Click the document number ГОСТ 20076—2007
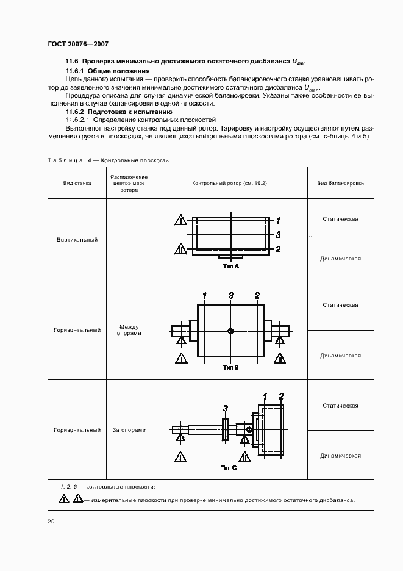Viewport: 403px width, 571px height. click(x=77, y=45)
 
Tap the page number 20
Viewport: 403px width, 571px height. click(x=51, y=522)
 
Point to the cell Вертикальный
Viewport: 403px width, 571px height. click(x=77, y=240)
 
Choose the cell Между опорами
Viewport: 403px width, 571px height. click(x=129, y=330)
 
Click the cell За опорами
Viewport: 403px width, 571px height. click(x=129, y=430)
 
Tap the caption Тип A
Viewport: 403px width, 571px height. click(x=231, y=267)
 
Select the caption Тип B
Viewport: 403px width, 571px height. click(x=231, y=368)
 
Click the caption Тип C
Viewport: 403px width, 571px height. click(x=229, y=468)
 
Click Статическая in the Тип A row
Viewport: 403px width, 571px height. click(x=340, y=219)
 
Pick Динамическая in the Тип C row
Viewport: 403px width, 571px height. click(x=340, y=456)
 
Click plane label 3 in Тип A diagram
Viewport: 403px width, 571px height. click(x=277, y=234)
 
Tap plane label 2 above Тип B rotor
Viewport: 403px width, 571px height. click(x=257, y=296)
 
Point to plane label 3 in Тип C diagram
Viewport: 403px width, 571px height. click(x=226, y=408)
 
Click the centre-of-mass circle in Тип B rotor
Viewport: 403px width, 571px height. click(x=230, y=331)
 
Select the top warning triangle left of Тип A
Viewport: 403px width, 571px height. click(x=180, y=220)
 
